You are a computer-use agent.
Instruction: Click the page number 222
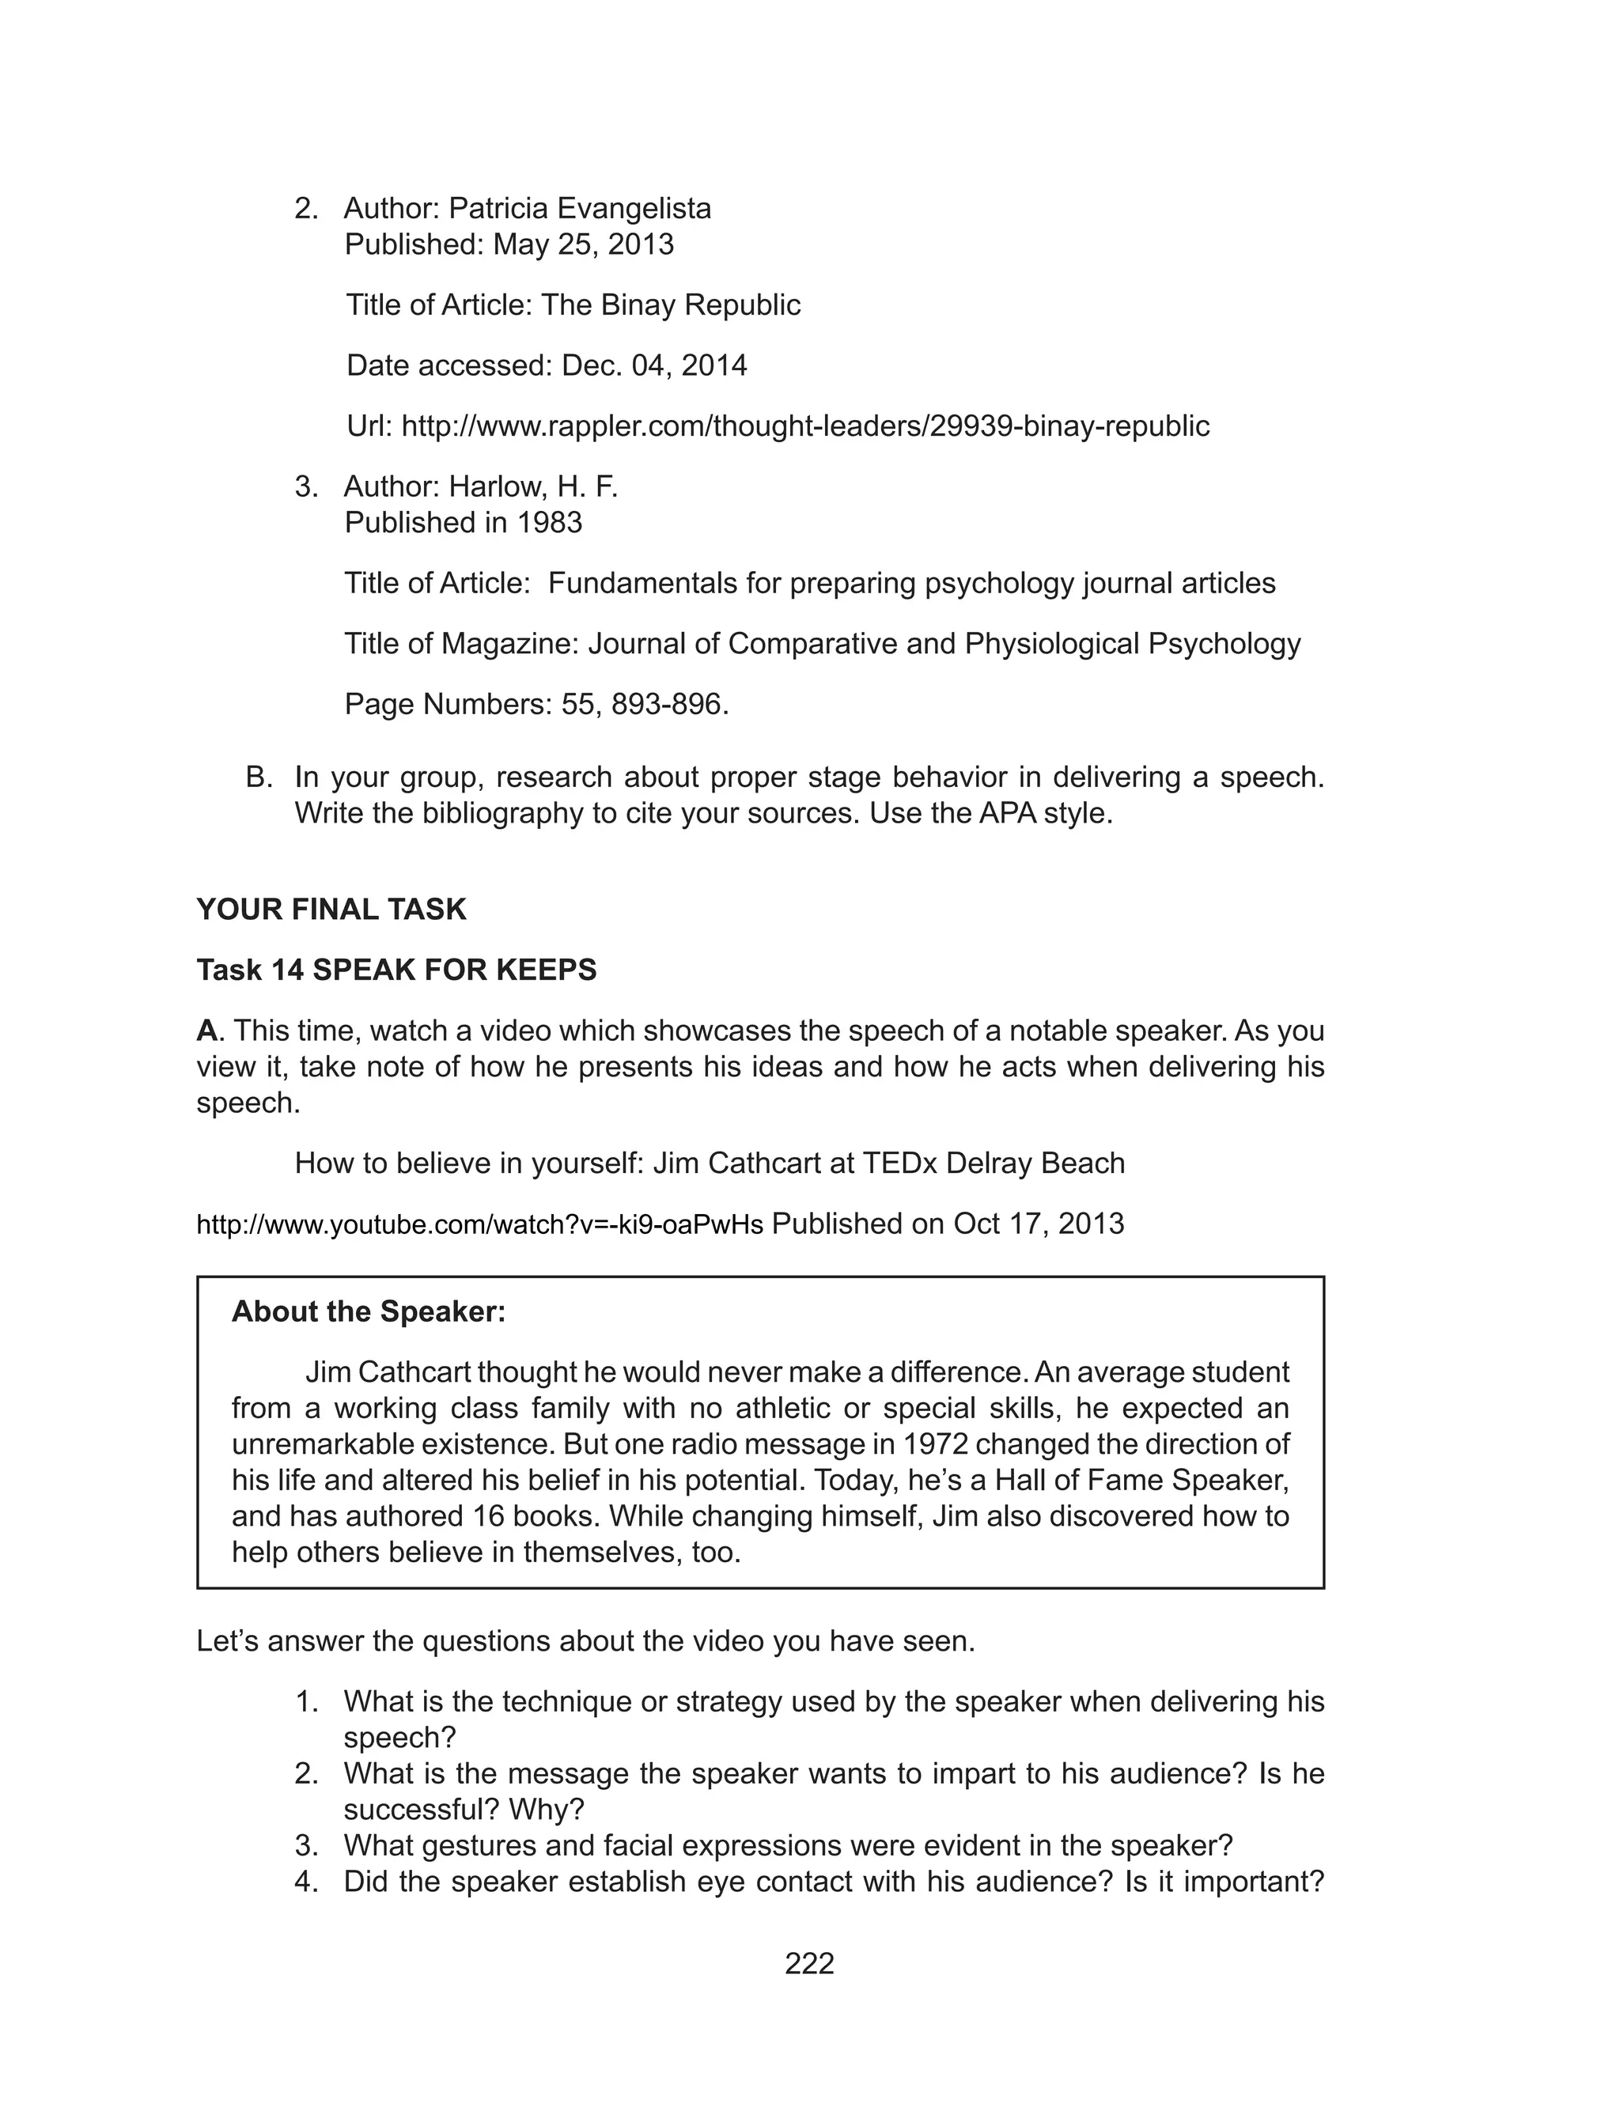click(x=809, y=1964)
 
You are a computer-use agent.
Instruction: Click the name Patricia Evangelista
click(x=580, y=208)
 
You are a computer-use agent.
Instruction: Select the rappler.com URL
click(x=805, y=426)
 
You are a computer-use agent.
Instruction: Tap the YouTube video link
click(x=479, y=1225)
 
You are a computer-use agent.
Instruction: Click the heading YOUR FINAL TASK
click(x=331, y=909)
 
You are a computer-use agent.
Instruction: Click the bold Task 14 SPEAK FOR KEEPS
click(x=396, y=970)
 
